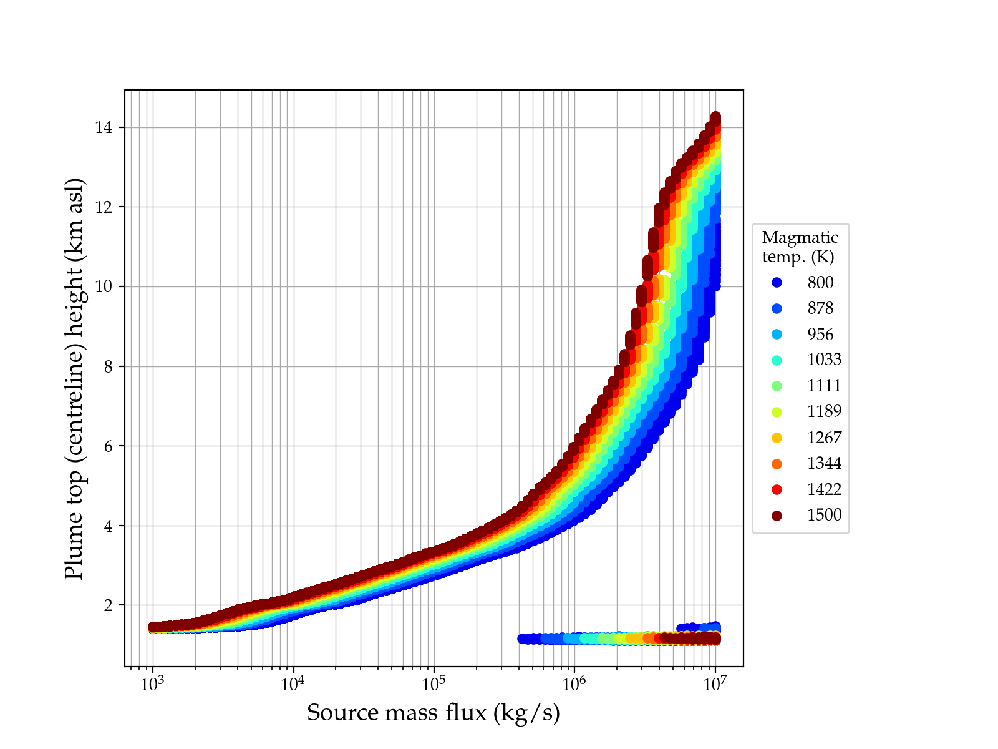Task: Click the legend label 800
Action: point(820,283)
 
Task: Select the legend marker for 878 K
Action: point(777,308)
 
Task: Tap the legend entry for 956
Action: point(820,335)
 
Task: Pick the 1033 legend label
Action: point(824,360)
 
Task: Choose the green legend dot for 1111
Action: point(777,386)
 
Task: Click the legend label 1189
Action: point(824,411)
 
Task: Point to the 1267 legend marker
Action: point(777,438)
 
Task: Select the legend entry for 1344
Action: point(824,463)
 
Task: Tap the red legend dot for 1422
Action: point(777,489)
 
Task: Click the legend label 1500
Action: point(824,515)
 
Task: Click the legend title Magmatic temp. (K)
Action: point(800,247)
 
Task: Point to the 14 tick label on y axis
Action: point(103,128)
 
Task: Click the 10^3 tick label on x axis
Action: point(152,685)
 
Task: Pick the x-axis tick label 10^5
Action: point(434,685)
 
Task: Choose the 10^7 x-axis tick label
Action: point(715,685)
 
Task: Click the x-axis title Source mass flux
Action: point(434,713)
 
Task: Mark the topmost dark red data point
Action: point(715,117)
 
